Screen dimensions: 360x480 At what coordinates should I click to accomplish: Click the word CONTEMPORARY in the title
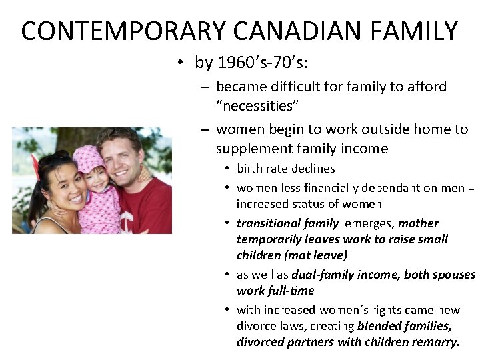114,31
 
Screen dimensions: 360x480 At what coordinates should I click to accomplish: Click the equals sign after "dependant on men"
471,189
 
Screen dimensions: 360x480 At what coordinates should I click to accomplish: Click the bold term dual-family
322,275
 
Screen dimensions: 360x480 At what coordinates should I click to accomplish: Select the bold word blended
380,326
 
